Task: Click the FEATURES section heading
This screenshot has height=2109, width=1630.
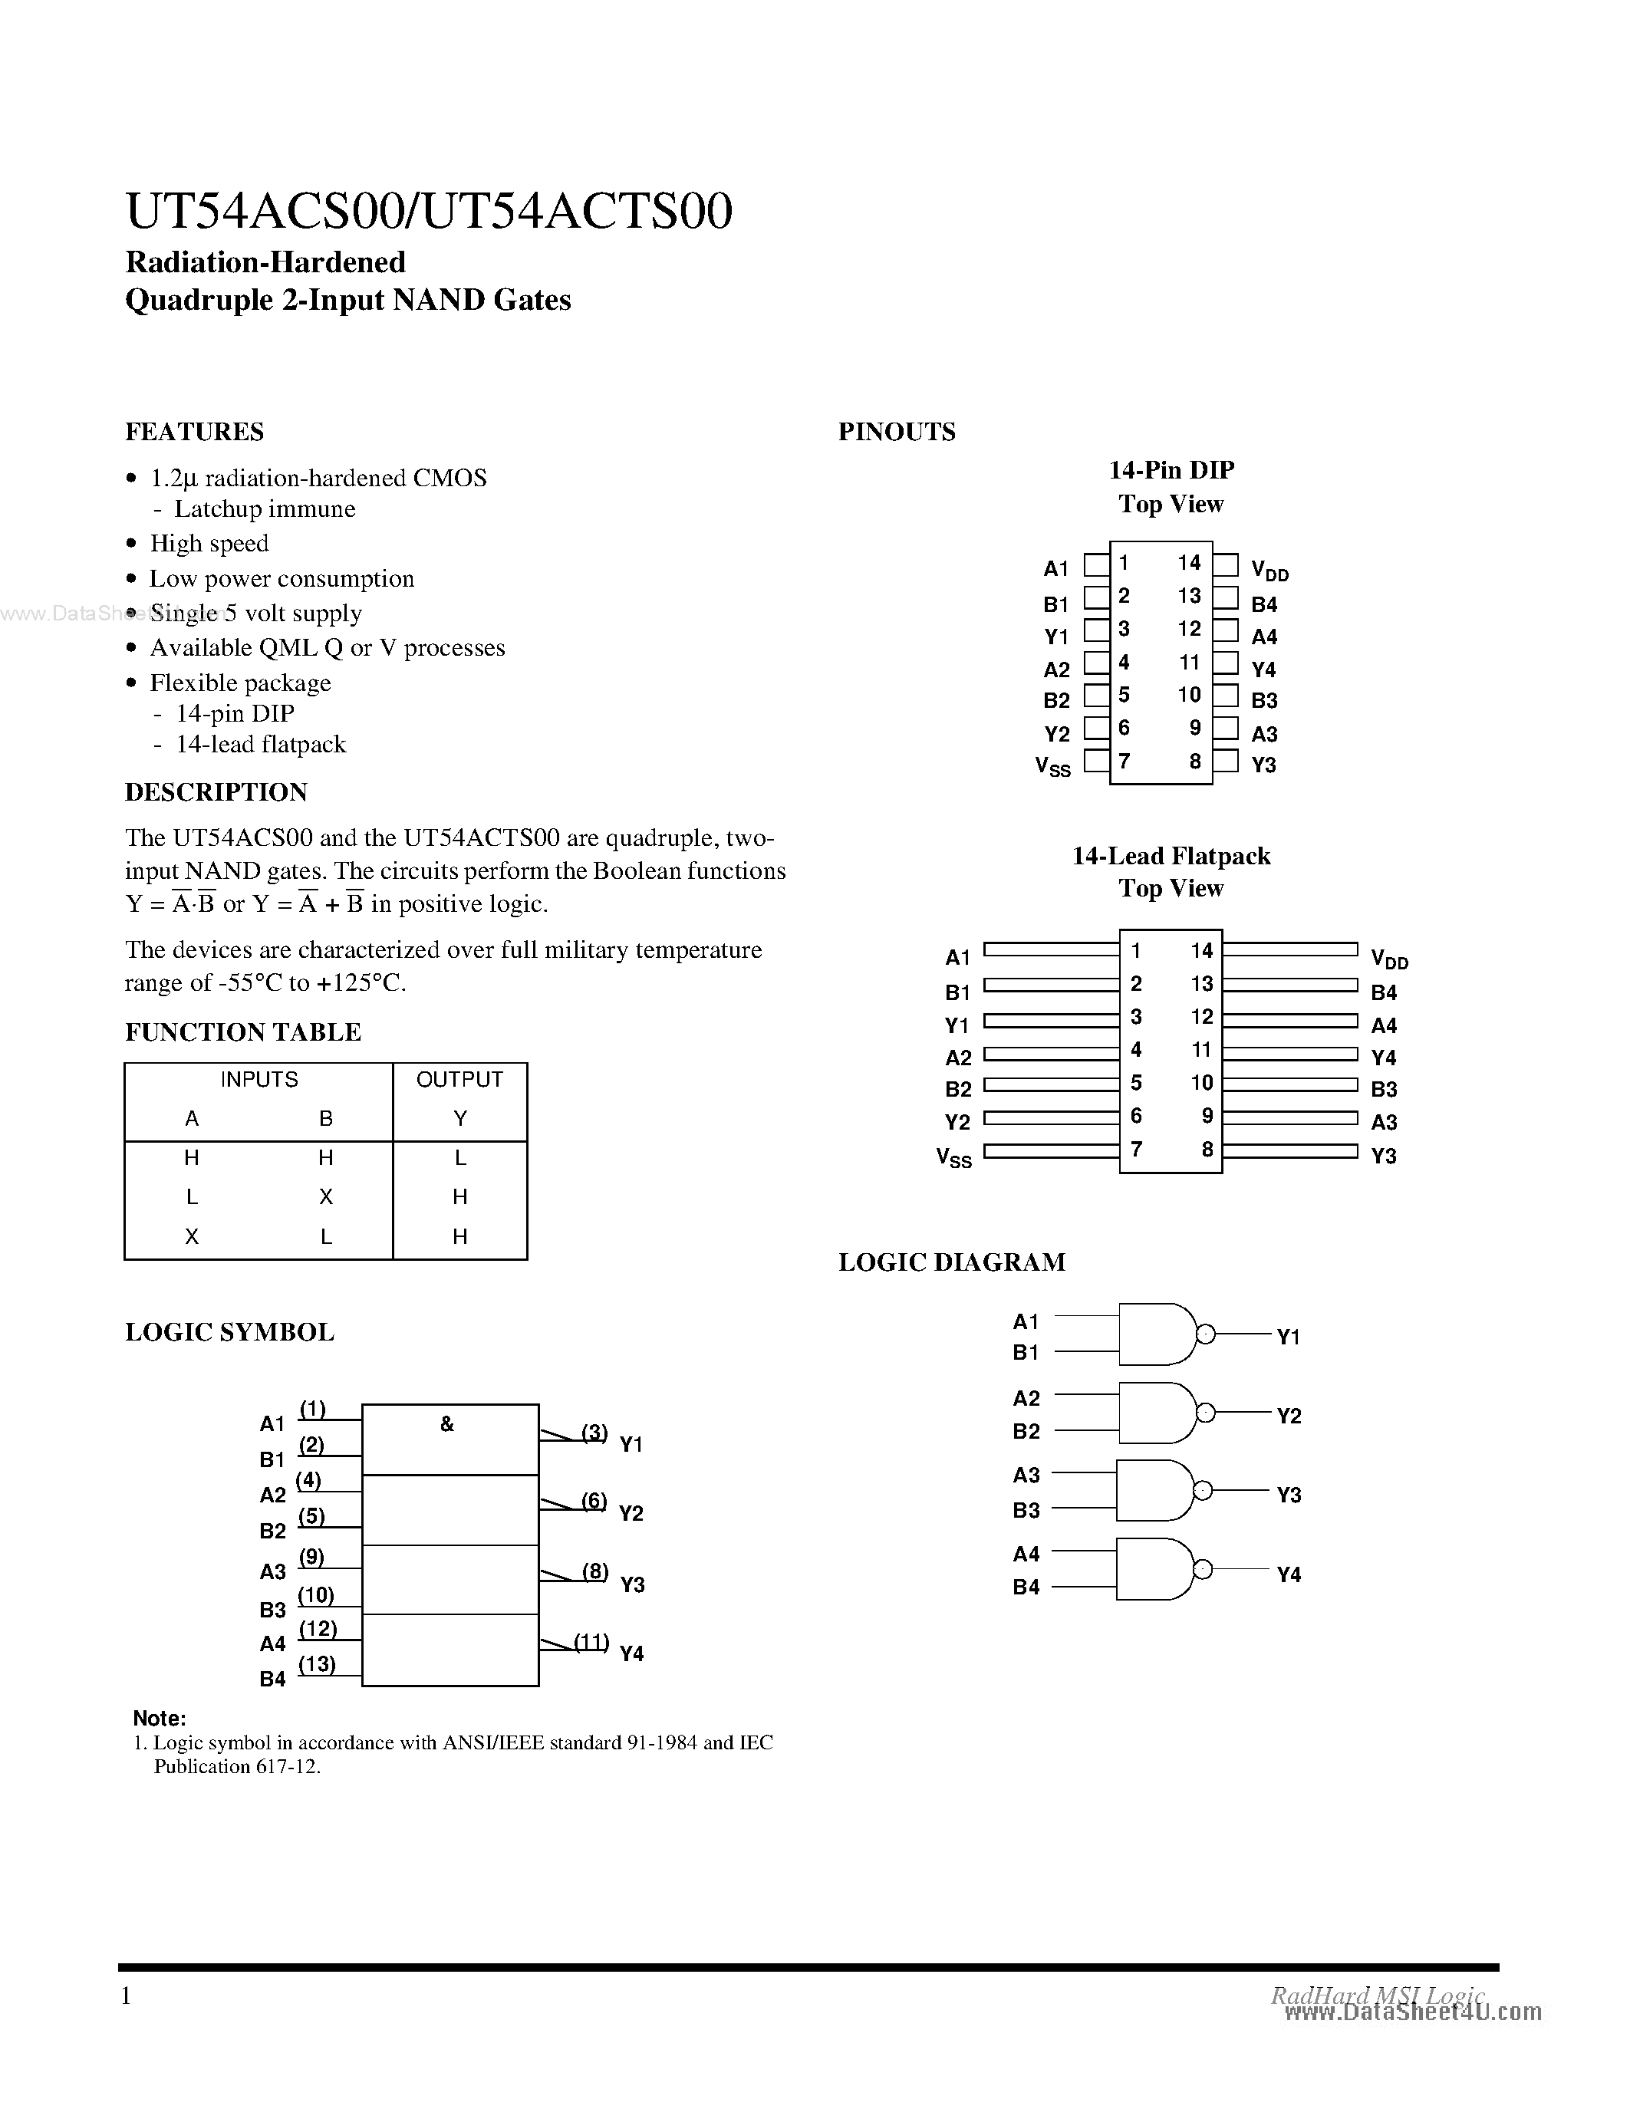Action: click(x=194, y=432)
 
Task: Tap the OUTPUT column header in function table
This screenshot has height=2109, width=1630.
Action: click(x=459, y=1080)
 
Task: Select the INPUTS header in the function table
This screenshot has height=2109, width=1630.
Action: click(x=258, y=1080)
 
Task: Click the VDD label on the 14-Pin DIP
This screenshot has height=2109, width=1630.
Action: click(x=1269, y=571)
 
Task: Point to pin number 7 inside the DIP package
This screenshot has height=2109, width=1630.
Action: click(x=1124, y=761)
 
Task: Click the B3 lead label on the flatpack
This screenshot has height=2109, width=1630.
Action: click(x=1384, y=1089)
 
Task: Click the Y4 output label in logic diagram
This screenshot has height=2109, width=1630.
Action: click(x=1289, y=1575)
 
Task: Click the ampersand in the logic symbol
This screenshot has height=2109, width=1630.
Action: click(x=447, y=1424)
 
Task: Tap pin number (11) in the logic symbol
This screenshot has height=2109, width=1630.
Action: click(x=591, y=1642)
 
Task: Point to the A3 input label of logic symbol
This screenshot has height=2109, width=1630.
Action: click(x=272, y=1572)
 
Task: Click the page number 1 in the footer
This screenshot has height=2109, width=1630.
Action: click(x=126, y=1995)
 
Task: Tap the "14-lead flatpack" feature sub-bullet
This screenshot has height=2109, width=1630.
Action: click(x=261, y=745)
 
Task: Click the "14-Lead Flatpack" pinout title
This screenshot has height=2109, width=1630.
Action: click(x=1171, y=857)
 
